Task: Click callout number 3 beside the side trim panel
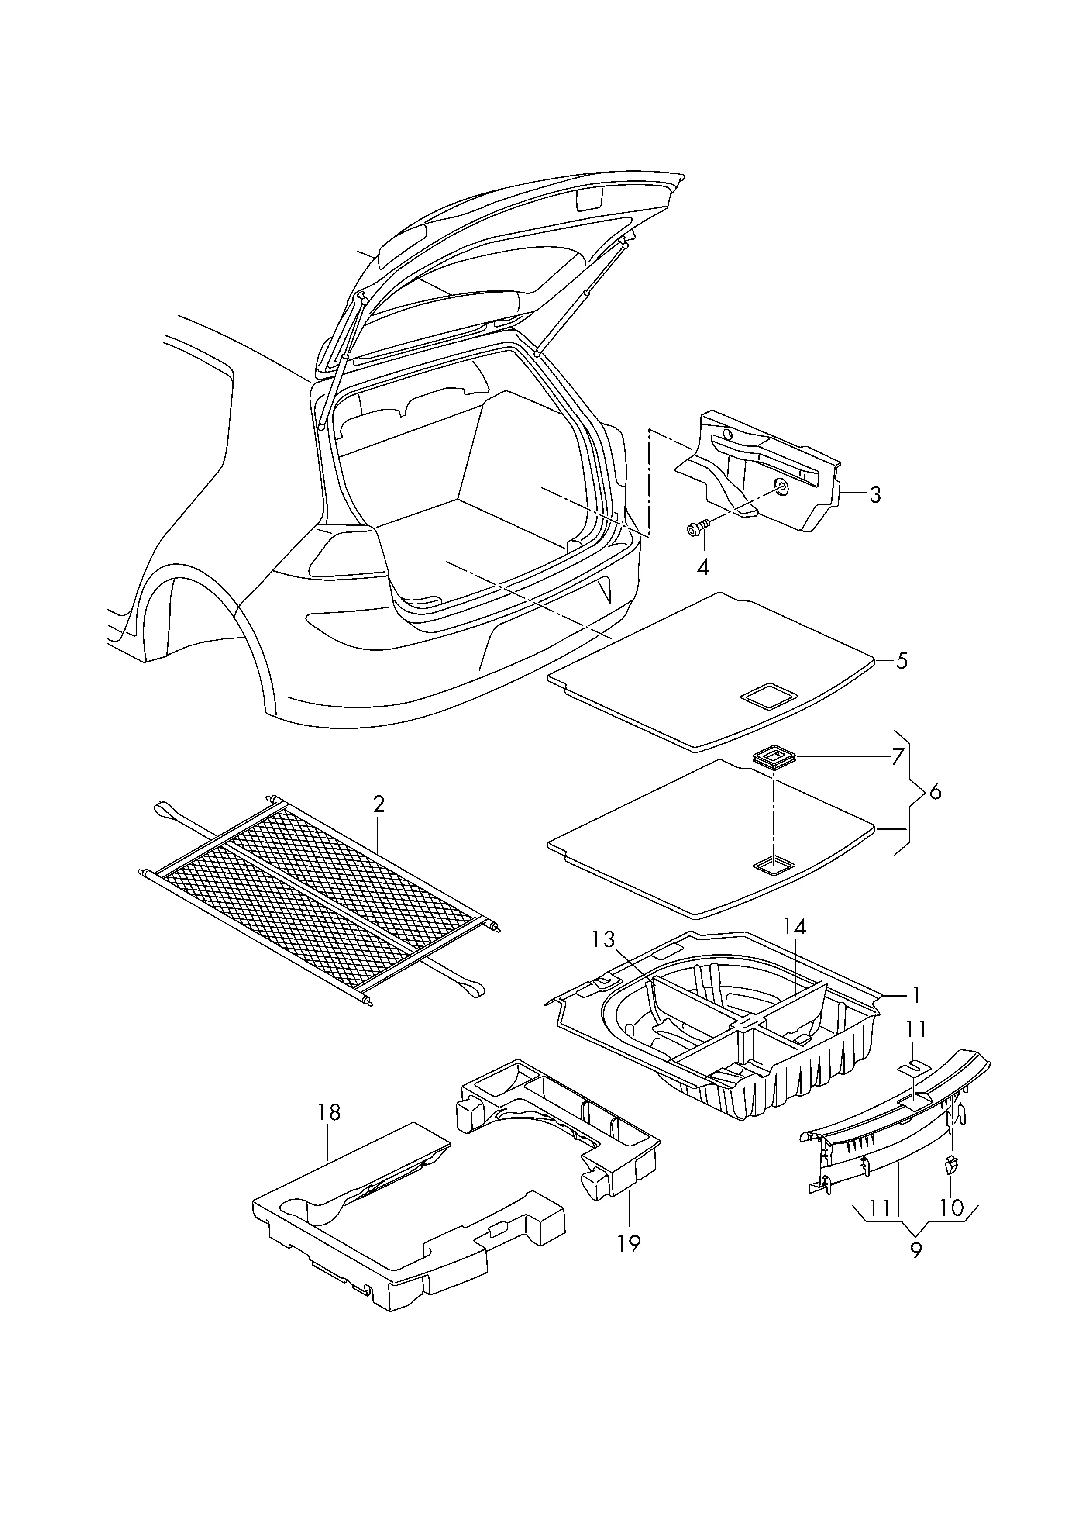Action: point(874,495)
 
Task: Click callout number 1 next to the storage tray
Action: point(916,1014)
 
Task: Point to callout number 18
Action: point(329,1112)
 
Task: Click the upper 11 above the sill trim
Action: point(916,1049)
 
